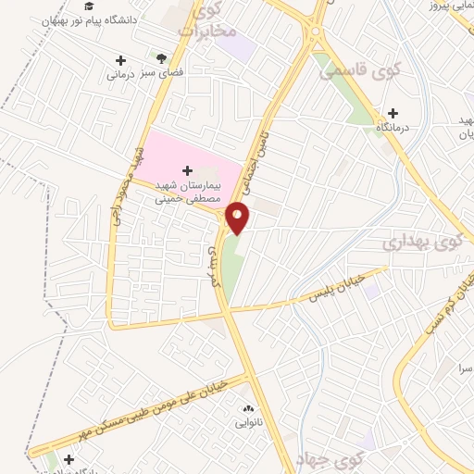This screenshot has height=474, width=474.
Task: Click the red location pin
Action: [x=238, y=218]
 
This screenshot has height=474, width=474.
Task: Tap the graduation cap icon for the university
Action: [x=89, y=6]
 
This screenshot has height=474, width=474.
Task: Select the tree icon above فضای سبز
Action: [x=162, y=57]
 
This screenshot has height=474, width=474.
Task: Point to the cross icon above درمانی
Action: [x=119, y=60]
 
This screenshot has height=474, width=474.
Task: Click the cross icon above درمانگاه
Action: [x=393, y=112]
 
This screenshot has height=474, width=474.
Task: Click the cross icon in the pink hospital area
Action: [x=189, y=169]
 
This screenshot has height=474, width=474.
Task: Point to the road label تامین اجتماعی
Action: [x=267, y=153]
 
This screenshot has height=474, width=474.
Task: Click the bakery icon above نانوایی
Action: [x=246, y=408]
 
